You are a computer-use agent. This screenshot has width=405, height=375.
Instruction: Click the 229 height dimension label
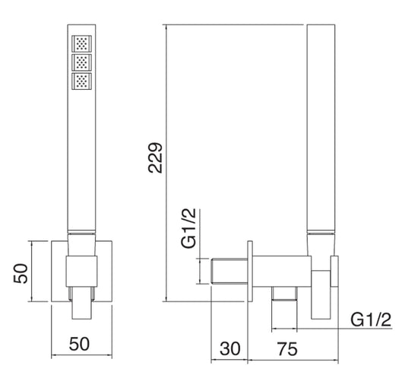pos(155,157)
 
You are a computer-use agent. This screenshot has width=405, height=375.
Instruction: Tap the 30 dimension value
pos(230,348)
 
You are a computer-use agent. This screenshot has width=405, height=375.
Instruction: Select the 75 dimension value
pos(287,348)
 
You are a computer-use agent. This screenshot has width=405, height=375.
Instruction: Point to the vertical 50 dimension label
pos(21,274)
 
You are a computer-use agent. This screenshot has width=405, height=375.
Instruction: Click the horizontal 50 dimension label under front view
pos(79,344)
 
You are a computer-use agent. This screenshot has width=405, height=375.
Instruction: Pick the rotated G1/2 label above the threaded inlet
pos(188,228)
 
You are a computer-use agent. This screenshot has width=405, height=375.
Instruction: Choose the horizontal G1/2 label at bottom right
pos(371,319)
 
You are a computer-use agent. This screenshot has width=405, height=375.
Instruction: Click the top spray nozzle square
pos(81,43)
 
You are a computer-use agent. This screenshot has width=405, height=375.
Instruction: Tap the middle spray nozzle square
pos(81,62)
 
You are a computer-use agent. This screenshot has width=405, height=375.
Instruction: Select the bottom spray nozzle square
pos(81,81)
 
